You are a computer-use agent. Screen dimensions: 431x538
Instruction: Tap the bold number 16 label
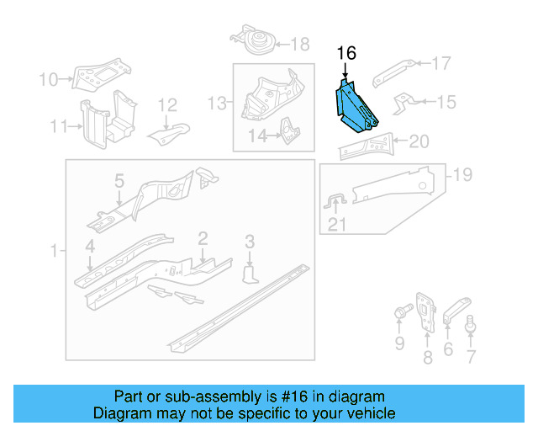(x=346, y=54)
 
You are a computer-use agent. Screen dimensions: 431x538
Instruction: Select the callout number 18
(x=299, y=45)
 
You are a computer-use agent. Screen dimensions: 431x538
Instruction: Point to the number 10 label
(x=49, y=80)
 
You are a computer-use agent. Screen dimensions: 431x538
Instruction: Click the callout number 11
(x=58, y=126)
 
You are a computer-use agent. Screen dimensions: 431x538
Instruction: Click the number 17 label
(x=441, y=63)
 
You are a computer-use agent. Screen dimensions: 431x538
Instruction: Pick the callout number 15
(x=446, y=102)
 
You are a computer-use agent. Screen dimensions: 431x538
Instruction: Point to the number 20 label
(x=419, y=141)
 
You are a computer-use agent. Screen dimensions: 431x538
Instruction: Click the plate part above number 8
(x=425, y=311)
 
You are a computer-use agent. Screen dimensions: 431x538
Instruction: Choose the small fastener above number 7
(x=471, y=321)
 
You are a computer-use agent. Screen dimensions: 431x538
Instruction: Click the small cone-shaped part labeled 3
(x=250, y=275)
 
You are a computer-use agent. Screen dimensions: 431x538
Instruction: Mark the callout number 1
(x=55, y=252)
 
